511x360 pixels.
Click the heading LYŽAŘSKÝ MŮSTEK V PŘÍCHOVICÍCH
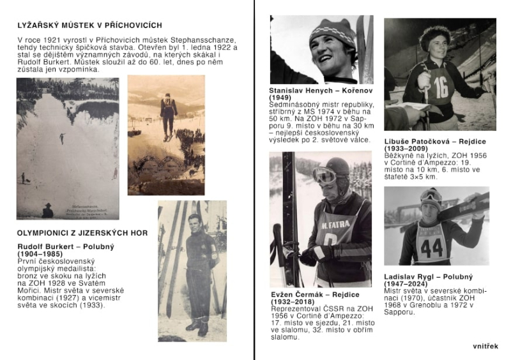(89, 26)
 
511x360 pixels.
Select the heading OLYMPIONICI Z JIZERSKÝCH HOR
(82, 233)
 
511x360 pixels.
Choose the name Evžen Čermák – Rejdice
(316, 295)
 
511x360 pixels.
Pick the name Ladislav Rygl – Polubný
(428, 277)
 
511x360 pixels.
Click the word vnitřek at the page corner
(485, 347)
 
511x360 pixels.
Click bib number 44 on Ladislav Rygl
(432, 248)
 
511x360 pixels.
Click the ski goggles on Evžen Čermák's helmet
(325, 175)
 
